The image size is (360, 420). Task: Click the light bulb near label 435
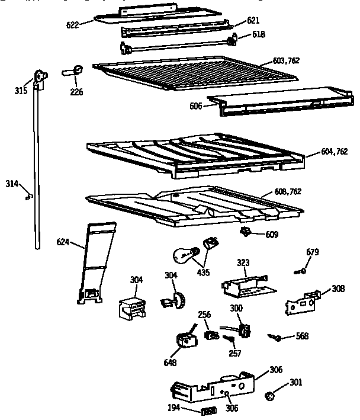coord(184,256)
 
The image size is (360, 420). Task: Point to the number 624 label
coord(63,242)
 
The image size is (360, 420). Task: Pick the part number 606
coord(195,105)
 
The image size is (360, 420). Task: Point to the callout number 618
coord(259,34)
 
